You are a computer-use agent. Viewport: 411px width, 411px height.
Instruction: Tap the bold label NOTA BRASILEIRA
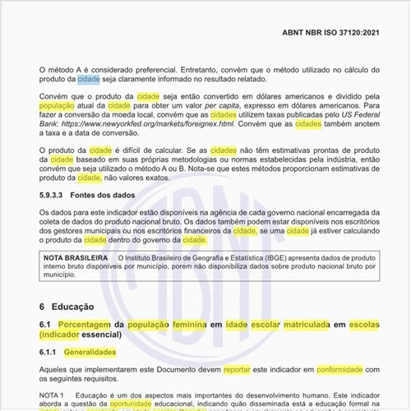tap(76, 258)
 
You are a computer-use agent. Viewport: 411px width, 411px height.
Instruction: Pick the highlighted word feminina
tap(196, 325)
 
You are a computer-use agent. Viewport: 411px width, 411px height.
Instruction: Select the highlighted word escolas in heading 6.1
tap(364, 325)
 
